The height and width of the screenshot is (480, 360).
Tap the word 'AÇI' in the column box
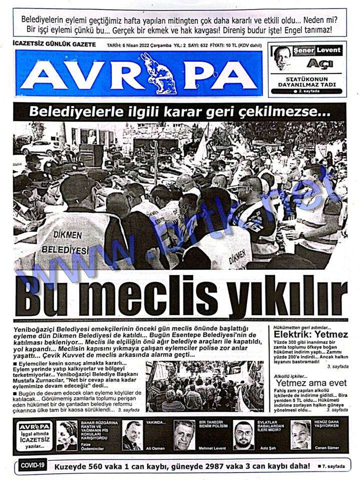[x=320, y=63]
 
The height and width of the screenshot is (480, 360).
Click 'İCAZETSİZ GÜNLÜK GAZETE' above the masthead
[x=54, y=44]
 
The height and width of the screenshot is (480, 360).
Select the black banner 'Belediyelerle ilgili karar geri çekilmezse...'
[x=179, y=111]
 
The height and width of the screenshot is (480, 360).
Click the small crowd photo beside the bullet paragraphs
[x=198, y=386]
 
